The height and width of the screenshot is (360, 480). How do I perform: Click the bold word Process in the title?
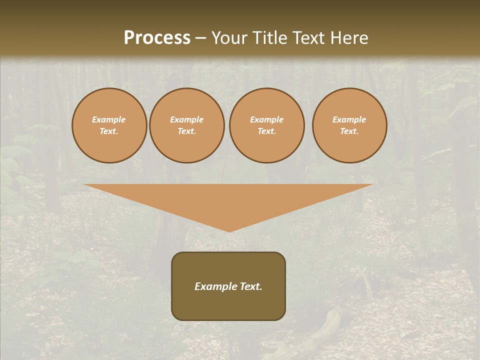[x=157, y=38]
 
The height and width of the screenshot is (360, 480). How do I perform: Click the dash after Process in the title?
[x=201, y=38]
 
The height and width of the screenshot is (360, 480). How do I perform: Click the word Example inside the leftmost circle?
[x=109, y=119]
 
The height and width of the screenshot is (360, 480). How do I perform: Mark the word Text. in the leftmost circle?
[x=109, y=131]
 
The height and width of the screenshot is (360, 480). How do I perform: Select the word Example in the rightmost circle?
[x=349, y=119]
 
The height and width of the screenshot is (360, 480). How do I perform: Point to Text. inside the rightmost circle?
[x=349, y=131]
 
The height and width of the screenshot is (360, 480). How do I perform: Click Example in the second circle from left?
[x=187, y=119]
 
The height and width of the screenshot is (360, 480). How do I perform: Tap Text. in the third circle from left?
[x=267, y=131]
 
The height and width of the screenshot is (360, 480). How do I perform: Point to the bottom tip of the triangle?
[x=229, y=230]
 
